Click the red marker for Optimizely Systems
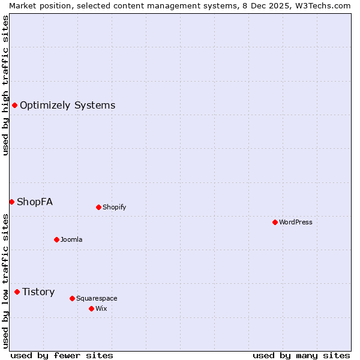click(14, 106)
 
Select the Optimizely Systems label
click(67, 106)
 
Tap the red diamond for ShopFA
click(11, 202)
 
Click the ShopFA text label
click(35, 202)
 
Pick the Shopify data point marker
click(98, 208)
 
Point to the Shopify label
click(114, 208)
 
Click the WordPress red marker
click(275, 223)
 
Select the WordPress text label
click(295, 223)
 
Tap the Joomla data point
click(56, 240)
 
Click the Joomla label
click(71, 240)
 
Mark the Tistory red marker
click(17, 292)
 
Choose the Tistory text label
click(38, 292)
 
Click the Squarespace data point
click(72, 298)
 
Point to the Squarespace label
click(97, 298)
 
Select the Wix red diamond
click(91, 309)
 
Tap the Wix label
click(101, 309)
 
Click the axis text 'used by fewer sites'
click(62, 355)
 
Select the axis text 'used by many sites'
click(301, 355)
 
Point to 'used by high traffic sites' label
click(5, 85)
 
